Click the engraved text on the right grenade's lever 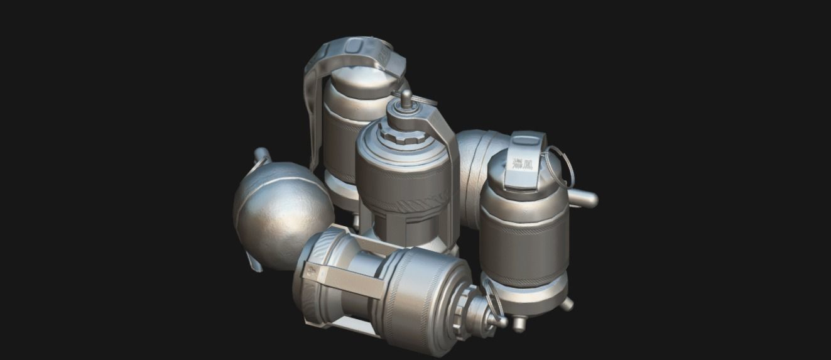[520, 163]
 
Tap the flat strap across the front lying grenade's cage [339, 276]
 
